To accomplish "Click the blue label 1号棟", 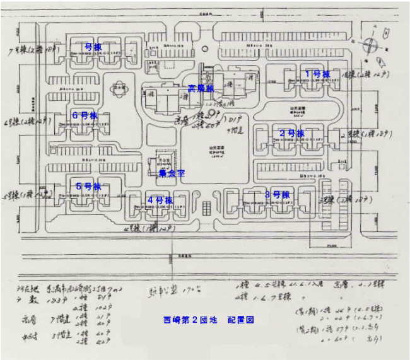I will click(317, 74).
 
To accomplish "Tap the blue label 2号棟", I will click(292, 133).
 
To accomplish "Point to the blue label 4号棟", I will click(160, 200).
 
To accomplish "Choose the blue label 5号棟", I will click(88, 187).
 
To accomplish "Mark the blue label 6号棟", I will click(85, 115).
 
